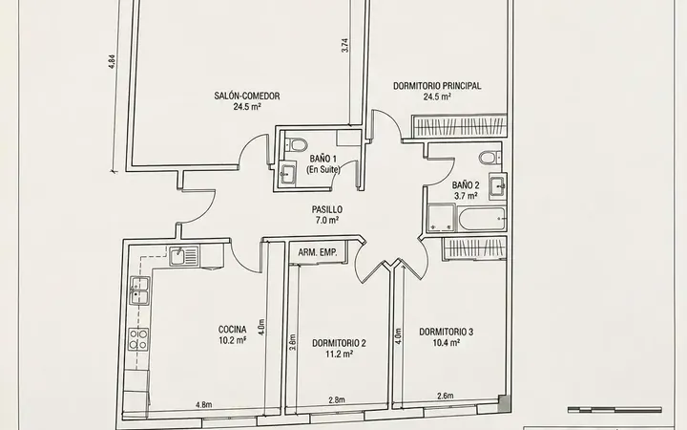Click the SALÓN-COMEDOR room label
[247, 96]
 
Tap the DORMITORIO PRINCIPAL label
[437, 86]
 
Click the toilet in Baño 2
[489, 158]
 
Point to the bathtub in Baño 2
[482, 219]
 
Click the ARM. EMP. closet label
[318, 252]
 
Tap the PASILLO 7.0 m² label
[327, 215]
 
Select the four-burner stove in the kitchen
[138, 338]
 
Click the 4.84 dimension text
[112, 61]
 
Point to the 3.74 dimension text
[344, 46]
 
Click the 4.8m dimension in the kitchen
[204, 404]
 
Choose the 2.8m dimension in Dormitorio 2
[337, 399]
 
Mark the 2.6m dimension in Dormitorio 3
[446, 396]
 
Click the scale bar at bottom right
[614, 410]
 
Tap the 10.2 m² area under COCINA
[232, 340]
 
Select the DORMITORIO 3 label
[446, 332]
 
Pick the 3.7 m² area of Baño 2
[466, 196]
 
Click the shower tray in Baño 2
[441, 218]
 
